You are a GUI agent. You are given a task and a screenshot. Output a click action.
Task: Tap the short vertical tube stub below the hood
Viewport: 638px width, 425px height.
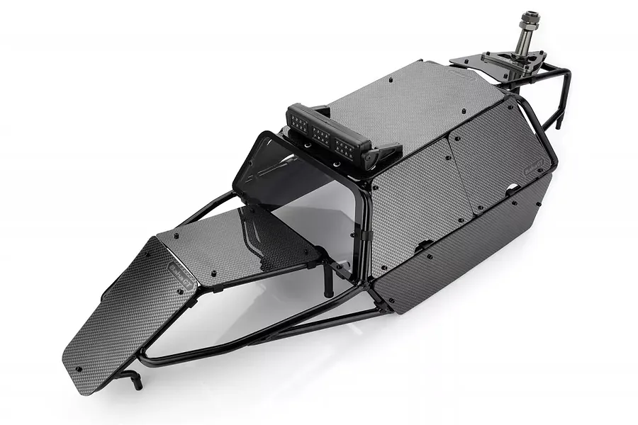pos(327,283)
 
